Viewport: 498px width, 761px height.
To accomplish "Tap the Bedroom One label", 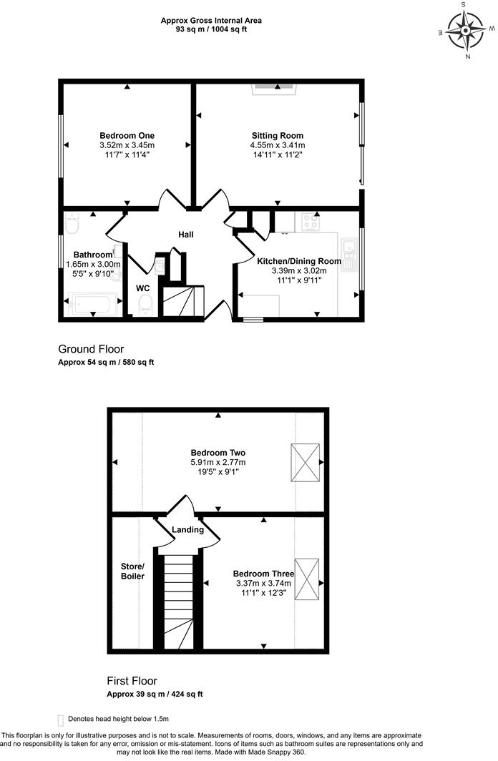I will pos(127,135).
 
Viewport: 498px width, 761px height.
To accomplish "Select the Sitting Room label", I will pos(277,135).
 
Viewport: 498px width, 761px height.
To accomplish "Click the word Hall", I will pos(186,235).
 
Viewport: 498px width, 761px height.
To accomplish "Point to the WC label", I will pos(143,288).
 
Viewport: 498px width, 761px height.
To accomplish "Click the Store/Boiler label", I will pos(132,570).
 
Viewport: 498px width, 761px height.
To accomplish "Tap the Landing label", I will pos(188,530).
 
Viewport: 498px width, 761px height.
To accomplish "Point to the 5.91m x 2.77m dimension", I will pos(218,463).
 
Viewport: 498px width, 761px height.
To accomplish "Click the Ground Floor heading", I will pos(91,349).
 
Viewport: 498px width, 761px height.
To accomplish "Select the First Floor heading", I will pos(132,681).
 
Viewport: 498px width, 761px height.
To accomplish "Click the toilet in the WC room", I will pos(146,306).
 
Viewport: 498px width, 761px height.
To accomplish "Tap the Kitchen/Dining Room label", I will pos(299,261).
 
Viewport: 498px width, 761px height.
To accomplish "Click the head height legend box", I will pos(60,719).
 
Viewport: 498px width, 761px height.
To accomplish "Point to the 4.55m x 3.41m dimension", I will pos(277,145).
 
